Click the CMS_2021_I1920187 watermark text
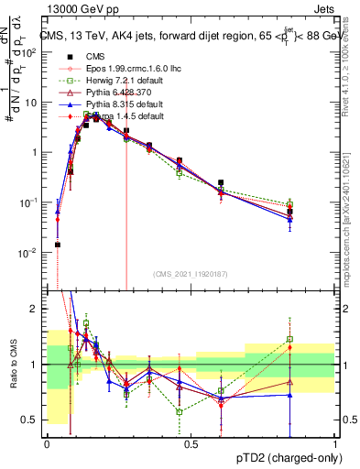click(x=191, y=274)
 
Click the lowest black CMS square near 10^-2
click(x=57, y=245)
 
